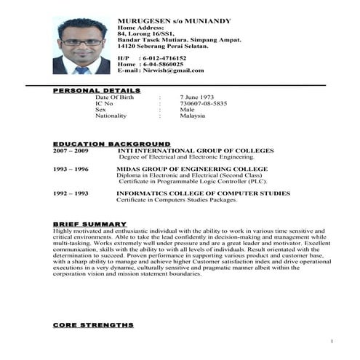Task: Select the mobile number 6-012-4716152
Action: pyautogui.click(x=164, y=57)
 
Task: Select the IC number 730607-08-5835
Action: pyautogui.click(x=203, y=103)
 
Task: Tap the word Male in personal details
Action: pyautogui.click(x=187, y=109)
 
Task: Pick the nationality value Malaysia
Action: pyautogui.click(x=193, y=116)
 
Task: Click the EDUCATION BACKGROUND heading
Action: pyautogui.click(x=111, y=144)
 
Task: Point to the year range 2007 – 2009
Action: pyautogui.click(x=71, y=151)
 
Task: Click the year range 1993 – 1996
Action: pyautogui.click(x=71, y=169)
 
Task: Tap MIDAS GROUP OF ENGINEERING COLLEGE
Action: pyautogui.click(x=192, y=169)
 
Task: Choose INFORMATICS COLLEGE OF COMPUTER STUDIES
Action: pyautogui.click(x=203, y=193)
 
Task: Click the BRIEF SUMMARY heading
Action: pyautogui.click(x=89, y=223)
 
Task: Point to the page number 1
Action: pyautogui.click(x=331, y=341)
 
